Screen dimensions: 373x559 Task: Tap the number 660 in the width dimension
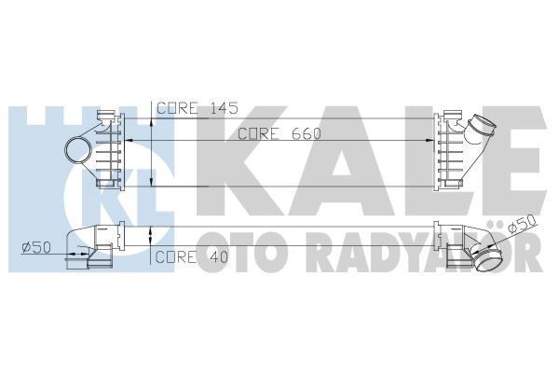click(305, 133)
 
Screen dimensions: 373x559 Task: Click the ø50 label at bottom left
click(34, 246)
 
